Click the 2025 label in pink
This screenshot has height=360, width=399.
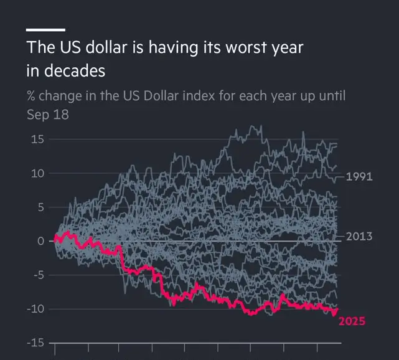(x=352, y=321)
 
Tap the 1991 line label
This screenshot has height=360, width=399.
(x=359, y=177)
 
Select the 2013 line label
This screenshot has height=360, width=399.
(x=359, y=236)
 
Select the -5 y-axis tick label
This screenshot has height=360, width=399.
(x=36, y=275)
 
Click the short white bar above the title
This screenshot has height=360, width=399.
(x=45, y=29)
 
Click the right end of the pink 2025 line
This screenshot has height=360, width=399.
(x=337, y=309)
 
